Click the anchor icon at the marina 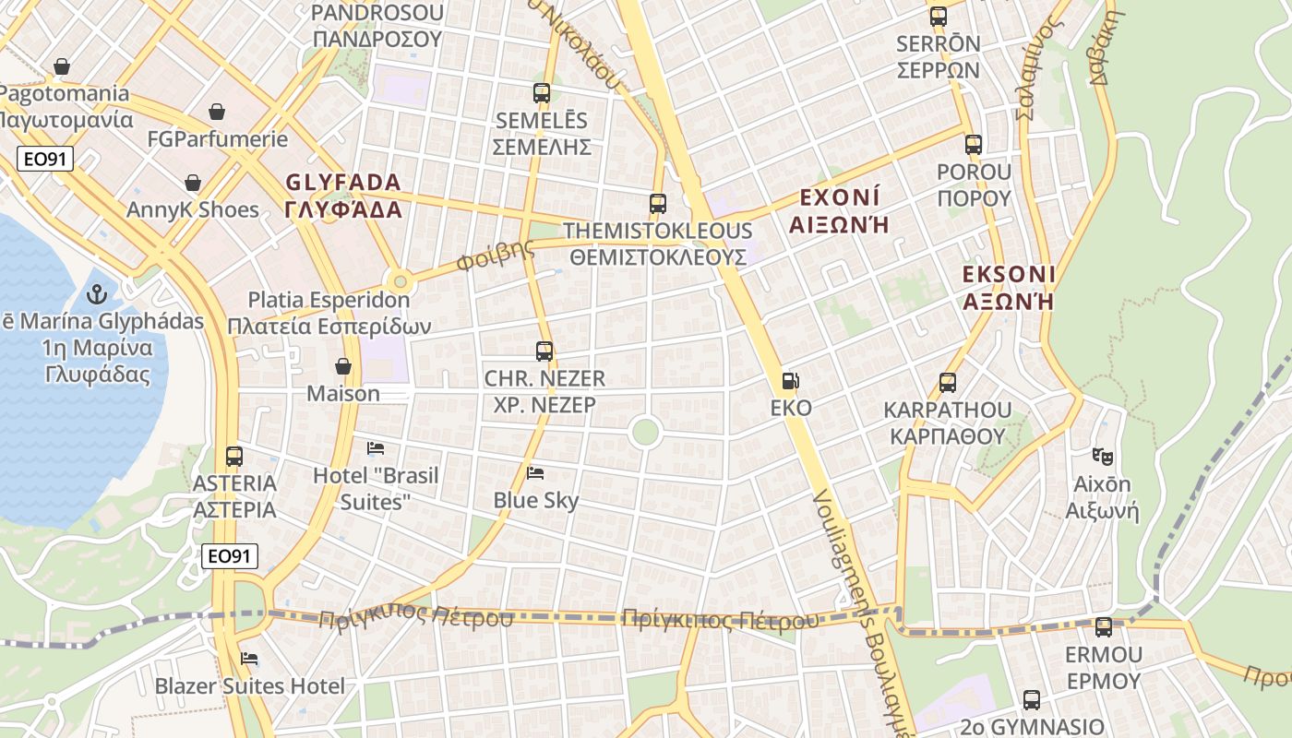(96, 295)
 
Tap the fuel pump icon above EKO (790, 380)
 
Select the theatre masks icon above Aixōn (1102, 456)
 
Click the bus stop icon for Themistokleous (658, 204)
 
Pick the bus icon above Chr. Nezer (544, 351)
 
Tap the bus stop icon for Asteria (234, 456)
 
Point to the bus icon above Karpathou (947, 383)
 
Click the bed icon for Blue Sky (535, 473)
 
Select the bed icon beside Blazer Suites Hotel (249, 659)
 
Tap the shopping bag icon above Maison (343, 366)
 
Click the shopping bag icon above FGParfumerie (217, 112)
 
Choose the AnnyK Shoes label (193, 209)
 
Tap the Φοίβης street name (496, 256)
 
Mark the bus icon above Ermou (1103, 627)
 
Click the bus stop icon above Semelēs (542, 93)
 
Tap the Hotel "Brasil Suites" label (376, 488)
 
